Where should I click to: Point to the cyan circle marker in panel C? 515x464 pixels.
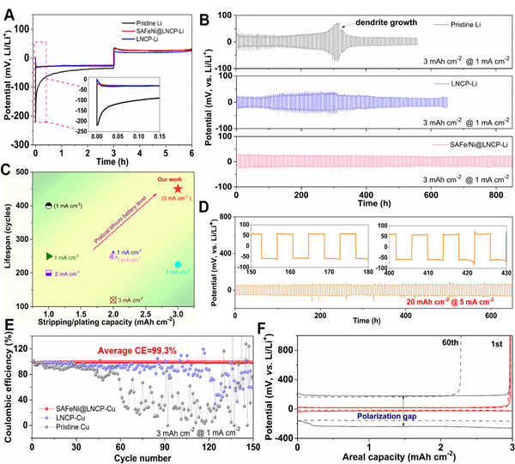178,265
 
